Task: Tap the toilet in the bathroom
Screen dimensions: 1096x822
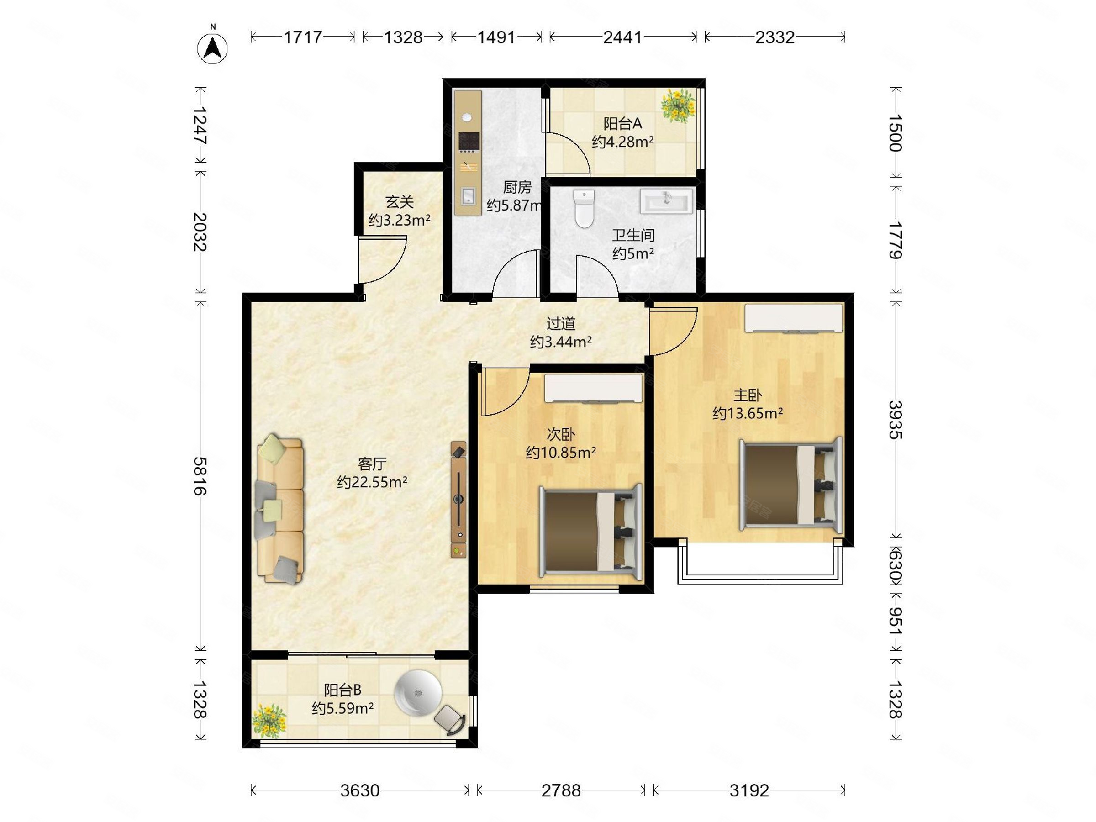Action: click(584, 209)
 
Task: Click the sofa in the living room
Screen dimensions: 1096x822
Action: click(280, 508)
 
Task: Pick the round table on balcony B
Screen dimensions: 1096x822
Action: click(418, 693)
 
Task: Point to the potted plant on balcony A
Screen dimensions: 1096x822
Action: click(678, 105)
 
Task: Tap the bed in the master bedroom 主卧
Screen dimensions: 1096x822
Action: click(791, 485)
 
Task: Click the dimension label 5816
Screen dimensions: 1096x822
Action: click(200, 476)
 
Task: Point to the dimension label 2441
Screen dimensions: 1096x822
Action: click(622, 37)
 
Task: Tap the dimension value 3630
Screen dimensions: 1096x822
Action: click(360, 790)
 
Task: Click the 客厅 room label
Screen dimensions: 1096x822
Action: click(372, 464)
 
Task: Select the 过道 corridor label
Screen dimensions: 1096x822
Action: click(561, 323)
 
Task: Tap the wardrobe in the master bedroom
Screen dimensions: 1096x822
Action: click(793, 317)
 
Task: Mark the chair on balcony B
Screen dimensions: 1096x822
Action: click(450, 719)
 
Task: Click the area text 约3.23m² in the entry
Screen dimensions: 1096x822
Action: click(400, 220)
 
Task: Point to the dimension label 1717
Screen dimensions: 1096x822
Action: click(303, 37)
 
